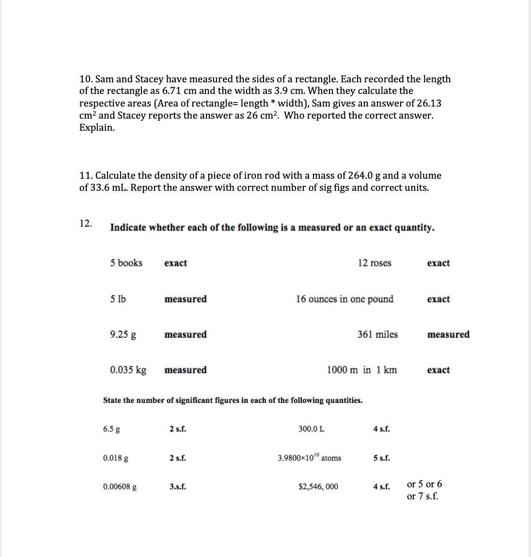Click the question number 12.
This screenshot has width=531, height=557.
86,223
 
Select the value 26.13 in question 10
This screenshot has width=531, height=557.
428,103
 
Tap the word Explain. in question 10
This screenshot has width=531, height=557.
97,128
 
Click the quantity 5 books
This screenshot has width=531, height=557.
126,263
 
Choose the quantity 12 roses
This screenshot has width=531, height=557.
375,263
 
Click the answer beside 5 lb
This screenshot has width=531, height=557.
186,299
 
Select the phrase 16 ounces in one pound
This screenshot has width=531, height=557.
344,299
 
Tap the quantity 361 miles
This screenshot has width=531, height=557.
377,335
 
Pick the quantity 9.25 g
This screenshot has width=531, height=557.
123,335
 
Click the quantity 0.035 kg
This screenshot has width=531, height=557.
128,370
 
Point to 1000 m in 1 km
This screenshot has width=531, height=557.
362,370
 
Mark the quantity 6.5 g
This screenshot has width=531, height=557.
112,429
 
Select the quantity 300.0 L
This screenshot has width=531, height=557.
312,429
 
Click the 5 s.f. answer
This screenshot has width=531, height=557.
382,458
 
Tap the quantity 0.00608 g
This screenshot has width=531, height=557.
120,487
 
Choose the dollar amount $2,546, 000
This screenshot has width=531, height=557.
318,487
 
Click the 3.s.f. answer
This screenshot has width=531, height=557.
178,487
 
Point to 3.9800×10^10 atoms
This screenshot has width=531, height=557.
309,458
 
